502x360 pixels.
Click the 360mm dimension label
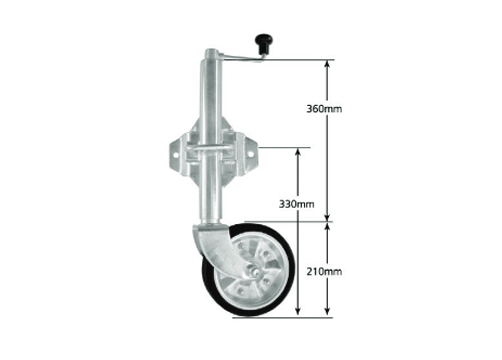coord(324,109)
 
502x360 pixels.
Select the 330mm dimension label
coord(296,204)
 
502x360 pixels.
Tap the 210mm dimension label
coord(324,272)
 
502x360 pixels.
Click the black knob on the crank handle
coord(263,43)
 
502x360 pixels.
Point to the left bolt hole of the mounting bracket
coord(175,156)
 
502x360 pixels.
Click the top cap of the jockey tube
coord(211,53)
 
